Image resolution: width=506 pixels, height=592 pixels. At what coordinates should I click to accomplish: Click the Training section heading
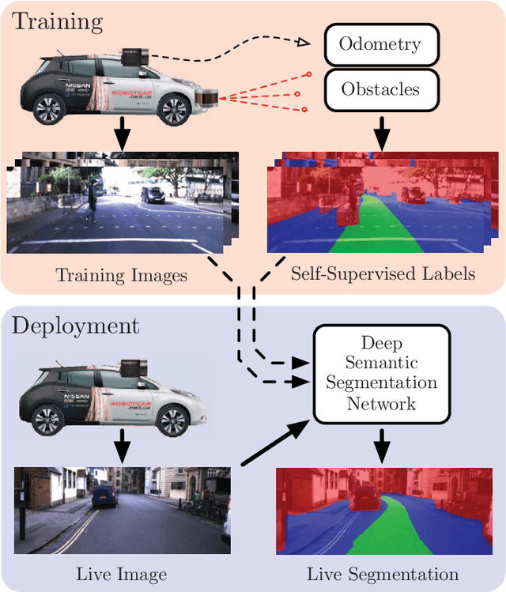coord(57,21)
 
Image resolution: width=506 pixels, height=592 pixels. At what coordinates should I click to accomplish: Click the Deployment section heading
coord(76,326)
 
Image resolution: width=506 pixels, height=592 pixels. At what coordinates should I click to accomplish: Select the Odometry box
coord(381,43)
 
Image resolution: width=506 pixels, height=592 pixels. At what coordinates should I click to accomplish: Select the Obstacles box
coord(381,89)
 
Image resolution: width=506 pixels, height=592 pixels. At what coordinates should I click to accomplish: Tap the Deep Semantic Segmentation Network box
coord(382,373)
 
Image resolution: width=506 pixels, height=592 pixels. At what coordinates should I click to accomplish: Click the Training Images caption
coord(121,275)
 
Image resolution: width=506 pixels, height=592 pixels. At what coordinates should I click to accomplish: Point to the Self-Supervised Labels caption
coord(383,274)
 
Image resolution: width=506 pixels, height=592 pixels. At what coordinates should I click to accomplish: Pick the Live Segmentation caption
coord(383,574)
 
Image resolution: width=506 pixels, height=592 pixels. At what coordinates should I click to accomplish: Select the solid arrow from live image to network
coord(272,447)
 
